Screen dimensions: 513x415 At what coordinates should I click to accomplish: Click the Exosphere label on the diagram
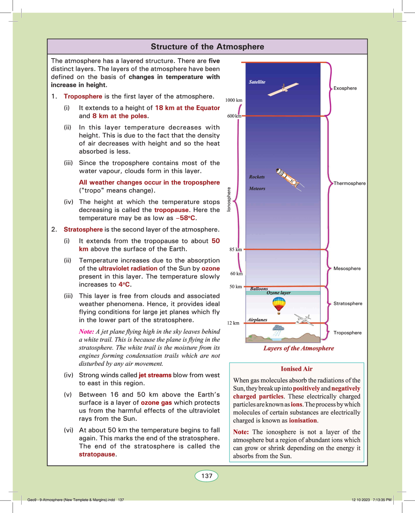coord(345,88)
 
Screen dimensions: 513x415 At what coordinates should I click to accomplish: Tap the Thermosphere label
coord(350,183)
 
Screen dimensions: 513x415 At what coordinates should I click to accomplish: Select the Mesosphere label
coord(347,268)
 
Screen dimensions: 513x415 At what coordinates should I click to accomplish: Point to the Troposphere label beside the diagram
coord(348,333)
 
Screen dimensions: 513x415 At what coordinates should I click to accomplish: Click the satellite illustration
coord(283,89)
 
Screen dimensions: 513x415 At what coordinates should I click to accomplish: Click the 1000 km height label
coord(234,100)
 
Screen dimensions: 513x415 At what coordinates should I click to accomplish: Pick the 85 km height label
coord(236,250)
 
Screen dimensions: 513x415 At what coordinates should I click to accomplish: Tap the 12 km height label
coord(233,323)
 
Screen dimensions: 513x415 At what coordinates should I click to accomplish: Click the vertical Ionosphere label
coord(229,199)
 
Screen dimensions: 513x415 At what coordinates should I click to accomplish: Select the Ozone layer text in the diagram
coord(278,293)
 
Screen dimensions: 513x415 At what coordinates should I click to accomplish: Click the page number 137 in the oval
coord(207,476)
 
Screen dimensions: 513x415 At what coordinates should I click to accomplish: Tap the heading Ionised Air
coord(296,369)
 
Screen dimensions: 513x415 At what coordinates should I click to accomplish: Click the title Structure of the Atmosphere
coord(207,47)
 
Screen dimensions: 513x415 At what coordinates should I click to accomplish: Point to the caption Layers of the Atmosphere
coord(299,348)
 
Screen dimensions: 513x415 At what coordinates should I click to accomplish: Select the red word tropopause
coord(171,210)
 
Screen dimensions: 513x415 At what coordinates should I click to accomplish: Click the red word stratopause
coord(97,454)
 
